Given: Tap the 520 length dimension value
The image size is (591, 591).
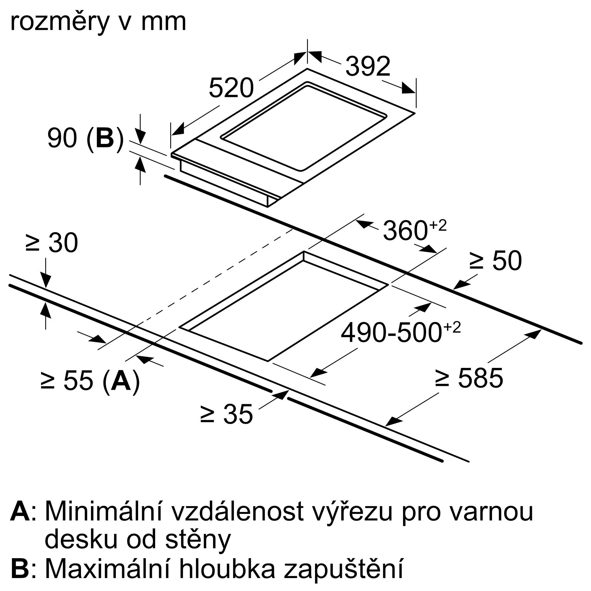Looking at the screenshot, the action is coord(231,88).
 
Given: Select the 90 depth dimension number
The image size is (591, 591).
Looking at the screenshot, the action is coord(62,138).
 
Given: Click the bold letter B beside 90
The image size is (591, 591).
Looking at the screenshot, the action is coord(105,138).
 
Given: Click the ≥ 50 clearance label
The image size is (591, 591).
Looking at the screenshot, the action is coord(495,261).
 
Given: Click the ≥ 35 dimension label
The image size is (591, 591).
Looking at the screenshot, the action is coord(227,414).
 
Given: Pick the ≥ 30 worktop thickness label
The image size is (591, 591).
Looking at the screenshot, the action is coord(52,243).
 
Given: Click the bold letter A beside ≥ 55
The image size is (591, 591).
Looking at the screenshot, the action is coord(121,381).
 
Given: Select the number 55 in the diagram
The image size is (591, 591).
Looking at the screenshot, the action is coord(78,381).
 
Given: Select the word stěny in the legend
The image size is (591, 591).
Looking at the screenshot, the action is coord(198,540).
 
